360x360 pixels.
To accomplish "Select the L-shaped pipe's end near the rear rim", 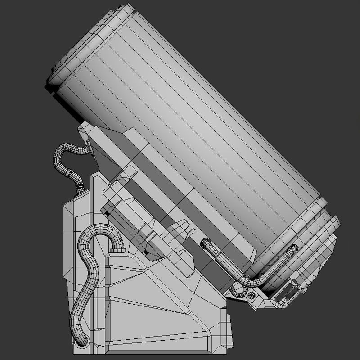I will pos(294,248).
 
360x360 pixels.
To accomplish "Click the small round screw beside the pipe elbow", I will pos(252,295).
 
